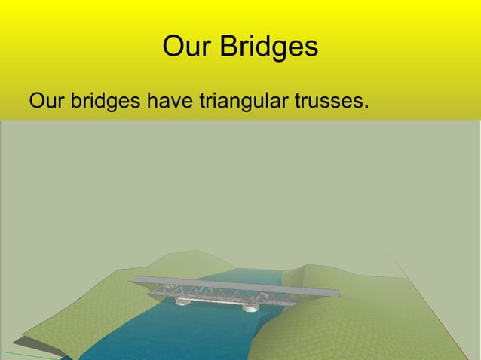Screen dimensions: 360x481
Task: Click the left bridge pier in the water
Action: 184,301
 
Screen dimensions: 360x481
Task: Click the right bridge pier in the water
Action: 251,306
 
